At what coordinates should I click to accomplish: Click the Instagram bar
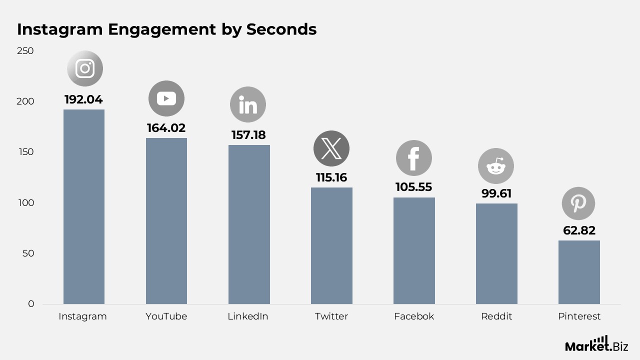[84, 206]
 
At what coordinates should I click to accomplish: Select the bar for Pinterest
[579, 272]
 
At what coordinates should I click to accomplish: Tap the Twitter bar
[331, 245]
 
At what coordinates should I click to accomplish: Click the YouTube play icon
[166, 98]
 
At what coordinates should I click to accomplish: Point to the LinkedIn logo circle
[248, 105]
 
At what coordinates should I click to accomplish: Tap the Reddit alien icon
[496, 166]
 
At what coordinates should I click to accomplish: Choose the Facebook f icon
[413, 158]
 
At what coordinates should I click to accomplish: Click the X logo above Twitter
[331, 148]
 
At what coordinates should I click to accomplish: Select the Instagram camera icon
[85, 68]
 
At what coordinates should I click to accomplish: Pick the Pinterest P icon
[578, 203]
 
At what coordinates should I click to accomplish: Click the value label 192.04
[83, 99]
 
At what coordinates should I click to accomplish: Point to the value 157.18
[248, 135]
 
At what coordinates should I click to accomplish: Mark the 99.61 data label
[496, 193]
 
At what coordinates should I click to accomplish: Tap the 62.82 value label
[578, 230]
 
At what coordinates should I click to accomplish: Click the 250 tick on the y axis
[25, 51]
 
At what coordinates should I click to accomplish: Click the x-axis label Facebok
[414, 316]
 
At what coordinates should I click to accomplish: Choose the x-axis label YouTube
[166, 316]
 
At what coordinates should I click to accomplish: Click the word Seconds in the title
[281, 29]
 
